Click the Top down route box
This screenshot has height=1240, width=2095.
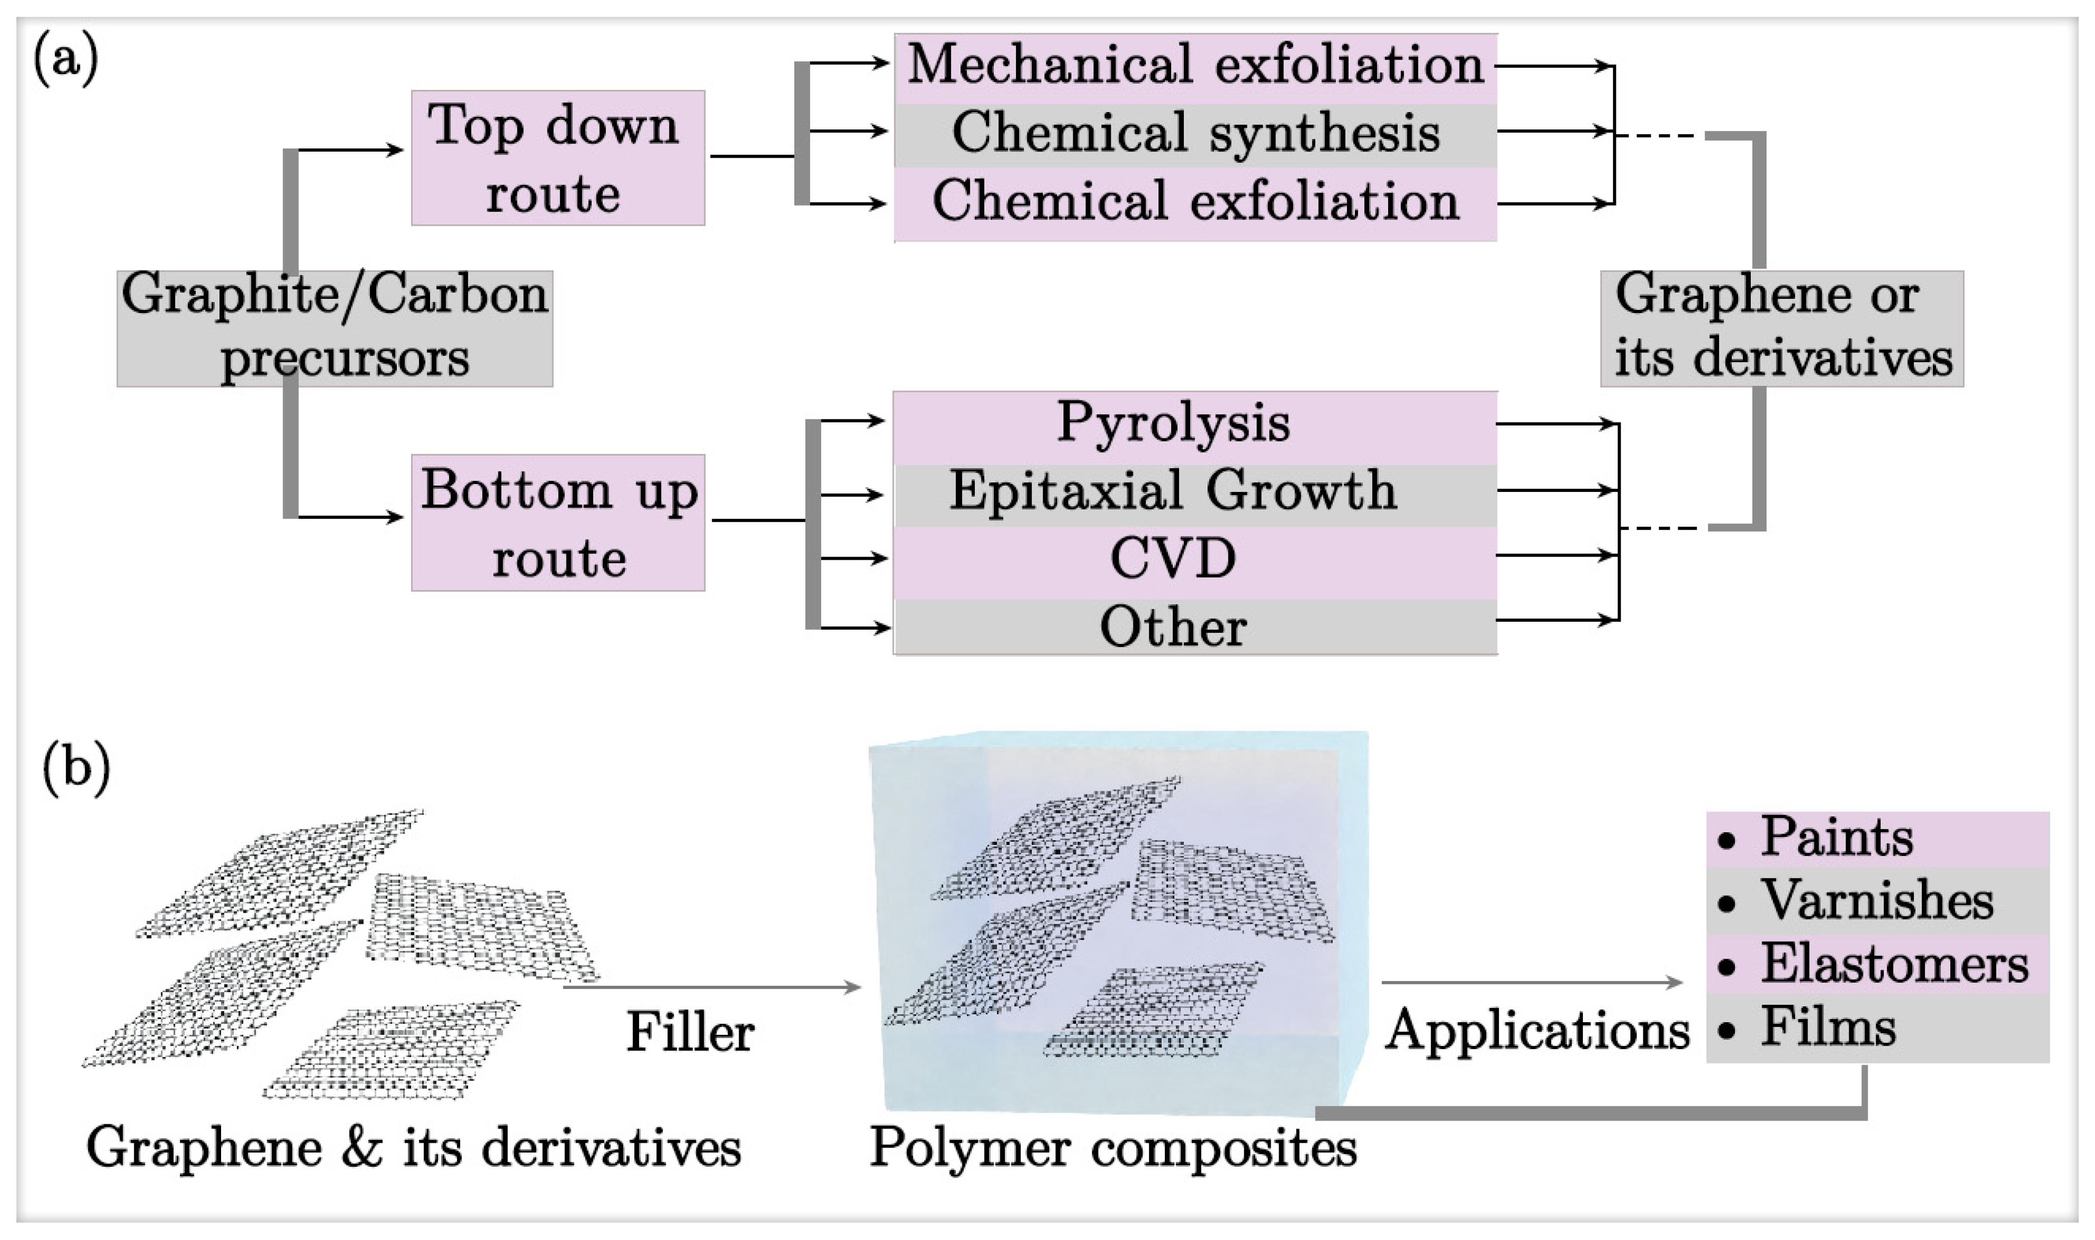[x=557, y=158]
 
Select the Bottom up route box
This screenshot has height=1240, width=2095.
[x=557, y=523]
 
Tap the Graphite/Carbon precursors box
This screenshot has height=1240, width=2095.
[x=334, y=328]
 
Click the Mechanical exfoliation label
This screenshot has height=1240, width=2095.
[x=1195, y=66]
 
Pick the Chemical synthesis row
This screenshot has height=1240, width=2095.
[x=1195, y=134]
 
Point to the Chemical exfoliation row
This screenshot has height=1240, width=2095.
[x=1195, y=202]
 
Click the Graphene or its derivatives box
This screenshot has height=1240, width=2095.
[x=1781, y=328]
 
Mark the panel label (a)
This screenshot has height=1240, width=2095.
[x=65, y=60]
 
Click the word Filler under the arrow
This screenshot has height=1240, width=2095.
[x=690, y=1033]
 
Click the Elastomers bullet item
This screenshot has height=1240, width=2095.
[x=1893, y=965]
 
